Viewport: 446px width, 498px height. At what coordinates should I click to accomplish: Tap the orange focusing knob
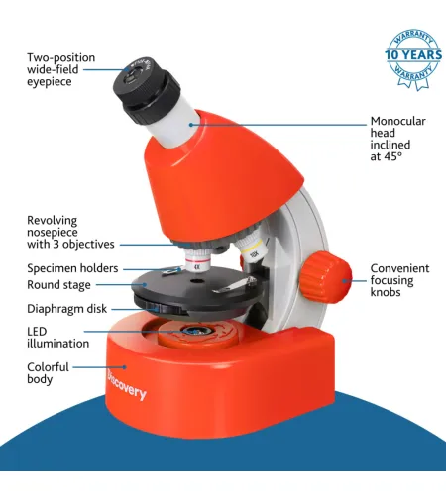pos(326,277)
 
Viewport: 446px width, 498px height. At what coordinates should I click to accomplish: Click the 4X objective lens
pos(197,260)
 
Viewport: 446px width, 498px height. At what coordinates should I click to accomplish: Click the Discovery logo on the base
pos(126,384)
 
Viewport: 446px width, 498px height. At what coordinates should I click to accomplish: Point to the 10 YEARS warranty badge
pos(413,58)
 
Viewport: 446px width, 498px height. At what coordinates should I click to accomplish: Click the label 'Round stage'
pos(58,285)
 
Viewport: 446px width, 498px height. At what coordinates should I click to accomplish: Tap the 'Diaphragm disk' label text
pos(66,309)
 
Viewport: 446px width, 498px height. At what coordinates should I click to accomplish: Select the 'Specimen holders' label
pos(72,268)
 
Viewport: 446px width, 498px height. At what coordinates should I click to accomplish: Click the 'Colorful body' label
pos(48,373)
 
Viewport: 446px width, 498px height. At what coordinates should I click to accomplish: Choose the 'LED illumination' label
pos(57,338)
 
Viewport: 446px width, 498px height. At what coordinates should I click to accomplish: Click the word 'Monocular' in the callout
pos(397,121)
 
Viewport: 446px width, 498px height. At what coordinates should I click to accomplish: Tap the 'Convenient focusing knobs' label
pos(399,280)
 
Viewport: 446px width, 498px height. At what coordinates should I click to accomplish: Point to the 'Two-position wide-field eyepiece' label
pos(60,69)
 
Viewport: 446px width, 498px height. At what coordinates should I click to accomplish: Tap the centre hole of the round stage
pos(197,281)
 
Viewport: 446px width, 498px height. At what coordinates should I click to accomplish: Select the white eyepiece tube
pos(173,126)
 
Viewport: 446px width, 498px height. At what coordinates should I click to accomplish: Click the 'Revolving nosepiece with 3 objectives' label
pos(70,232)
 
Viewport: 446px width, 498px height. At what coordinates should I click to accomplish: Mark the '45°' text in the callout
pos(392,156)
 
